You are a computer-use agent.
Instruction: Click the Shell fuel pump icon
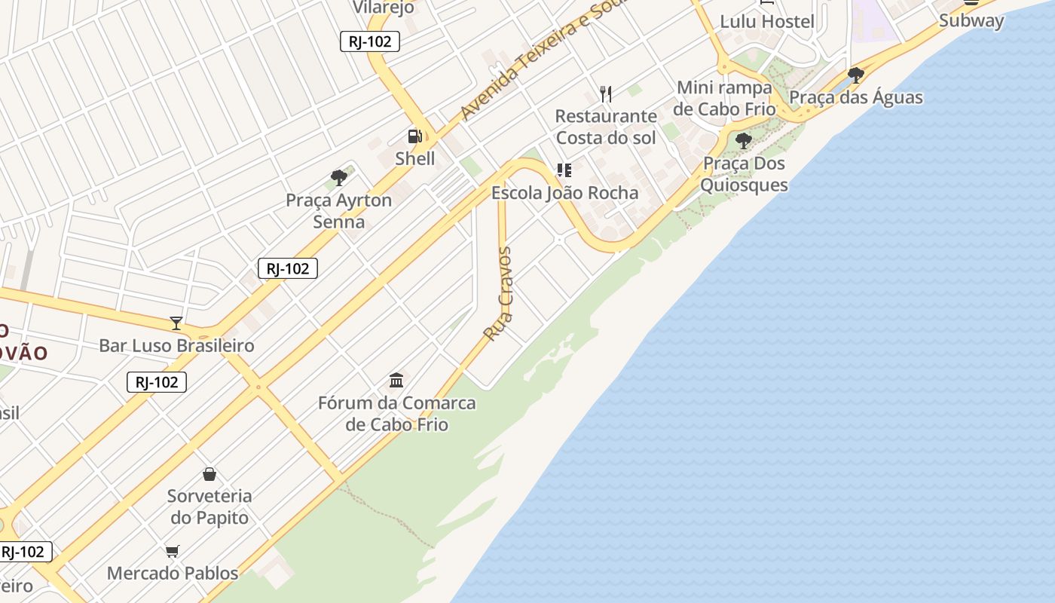414,136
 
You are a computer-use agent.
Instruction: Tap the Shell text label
415,158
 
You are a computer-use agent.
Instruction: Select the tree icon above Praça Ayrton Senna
339,178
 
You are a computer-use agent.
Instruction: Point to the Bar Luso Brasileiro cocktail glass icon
176,323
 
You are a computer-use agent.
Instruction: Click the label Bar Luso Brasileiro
177,345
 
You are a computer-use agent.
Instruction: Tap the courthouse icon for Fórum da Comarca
396,379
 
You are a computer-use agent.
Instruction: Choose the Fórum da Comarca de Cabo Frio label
396,414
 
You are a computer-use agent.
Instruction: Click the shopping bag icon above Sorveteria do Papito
209,474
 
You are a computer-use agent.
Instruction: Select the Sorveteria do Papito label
209,507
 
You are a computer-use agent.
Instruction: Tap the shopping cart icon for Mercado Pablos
173,551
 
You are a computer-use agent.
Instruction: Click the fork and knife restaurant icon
606,93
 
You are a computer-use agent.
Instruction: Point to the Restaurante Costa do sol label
606,127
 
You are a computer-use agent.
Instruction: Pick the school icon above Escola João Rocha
564,170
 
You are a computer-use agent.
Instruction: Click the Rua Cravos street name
499,294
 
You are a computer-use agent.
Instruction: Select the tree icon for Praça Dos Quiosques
744,140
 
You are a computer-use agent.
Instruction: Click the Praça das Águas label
855,97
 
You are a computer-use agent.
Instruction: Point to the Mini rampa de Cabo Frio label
724,98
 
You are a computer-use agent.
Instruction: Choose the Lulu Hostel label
767,21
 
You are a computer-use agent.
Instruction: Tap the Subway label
971,20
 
